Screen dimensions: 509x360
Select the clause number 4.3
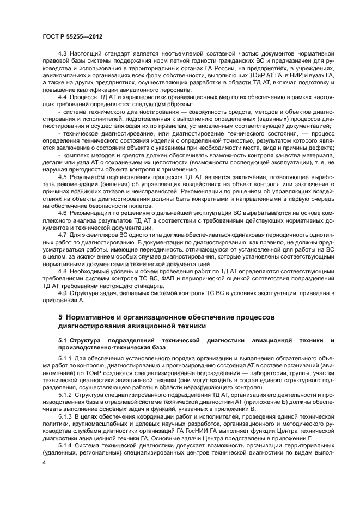pos(63,53)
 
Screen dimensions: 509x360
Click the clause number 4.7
pos(63,234)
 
